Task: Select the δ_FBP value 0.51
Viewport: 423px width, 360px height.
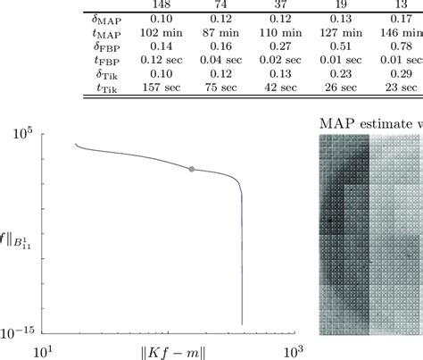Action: coord(332,46)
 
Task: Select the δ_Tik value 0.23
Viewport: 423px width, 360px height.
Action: coord(332,74)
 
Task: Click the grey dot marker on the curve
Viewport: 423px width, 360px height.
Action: coord(190,168)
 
